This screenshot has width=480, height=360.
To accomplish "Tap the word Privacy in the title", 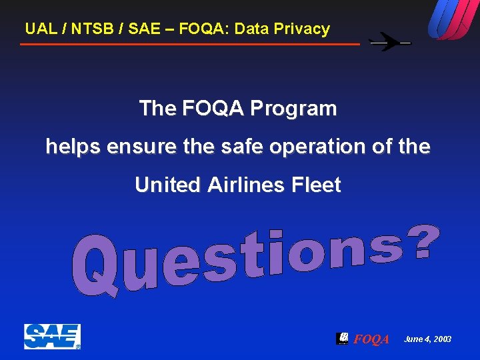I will [x=303, y=29].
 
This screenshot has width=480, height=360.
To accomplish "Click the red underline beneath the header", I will [x=190, y=44].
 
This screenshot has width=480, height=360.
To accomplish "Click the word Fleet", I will [x=317, y=185].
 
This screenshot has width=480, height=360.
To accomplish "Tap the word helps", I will [x=70, y=147].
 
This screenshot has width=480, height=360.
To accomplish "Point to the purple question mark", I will [x=426, y=243].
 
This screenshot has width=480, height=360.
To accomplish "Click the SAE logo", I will [x=52, y=337].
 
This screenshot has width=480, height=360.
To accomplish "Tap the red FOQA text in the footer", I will [x=371, y=340].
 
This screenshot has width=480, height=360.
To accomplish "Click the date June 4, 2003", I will [x=427, y=339].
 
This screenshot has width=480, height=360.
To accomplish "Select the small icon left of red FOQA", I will [x=343, y=338].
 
